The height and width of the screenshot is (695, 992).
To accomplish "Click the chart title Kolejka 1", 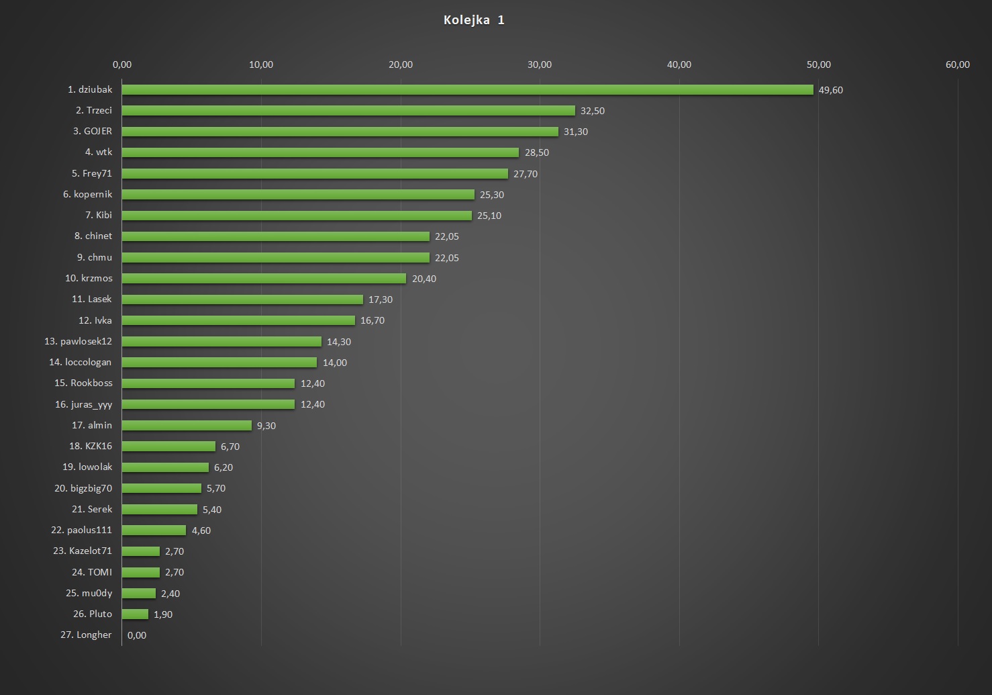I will (474, 20).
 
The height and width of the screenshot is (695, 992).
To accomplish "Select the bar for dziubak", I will (467, 90).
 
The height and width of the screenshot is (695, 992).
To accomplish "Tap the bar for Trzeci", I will (348, 111).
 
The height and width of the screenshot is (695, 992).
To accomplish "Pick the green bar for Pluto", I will (135, 614).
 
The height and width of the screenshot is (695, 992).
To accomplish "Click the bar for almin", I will (187, 426).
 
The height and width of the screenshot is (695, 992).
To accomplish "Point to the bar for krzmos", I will (264, 279).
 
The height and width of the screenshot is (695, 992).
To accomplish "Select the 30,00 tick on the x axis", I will (540, 64).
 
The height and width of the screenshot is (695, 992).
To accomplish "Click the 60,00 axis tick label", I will (957, 64).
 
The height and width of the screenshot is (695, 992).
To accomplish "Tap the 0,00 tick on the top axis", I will (122, 64).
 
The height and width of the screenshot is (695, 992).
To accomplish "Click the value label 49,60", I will (830, 90).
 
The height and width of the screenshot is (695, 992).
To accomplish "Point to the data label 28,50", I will (536, 152).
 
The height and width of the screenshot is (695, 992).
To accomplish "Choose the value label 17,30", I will (380, 299).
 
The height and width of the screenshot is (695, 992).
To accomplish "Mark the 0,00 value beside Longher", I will (137, 635).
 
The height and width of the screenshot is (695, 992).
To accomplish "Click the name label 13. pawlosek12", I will (78, 341).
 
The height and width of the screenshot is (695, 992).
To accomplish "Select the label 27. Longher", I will (86, 635).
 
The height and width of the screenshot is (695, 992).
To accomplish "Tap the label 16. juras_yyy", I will (83, 404).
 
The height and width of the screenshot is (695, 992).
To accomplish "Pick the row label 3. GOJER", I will (93, 131).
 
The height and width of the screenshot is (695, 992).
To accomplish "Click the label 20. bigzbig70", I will (83, 488).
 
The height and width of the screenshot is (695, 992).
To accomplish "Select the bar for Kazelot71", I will (141, 551).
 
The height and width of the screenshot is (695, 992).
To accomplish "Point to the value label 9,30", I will (266, 426).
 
